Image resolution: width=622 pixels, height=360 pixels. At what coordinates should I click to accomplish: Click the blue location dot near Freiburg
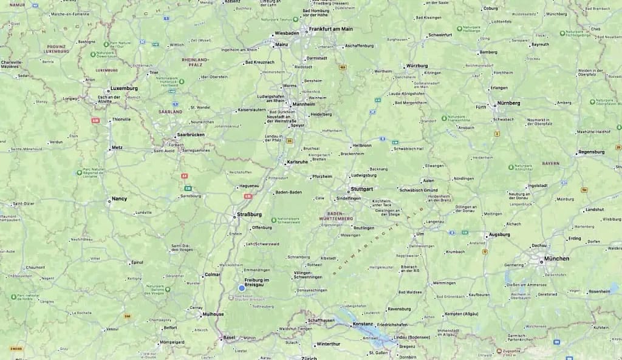[242, 288]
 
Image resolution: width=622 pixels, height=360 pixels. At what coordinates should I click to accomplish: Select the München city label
[557, 259]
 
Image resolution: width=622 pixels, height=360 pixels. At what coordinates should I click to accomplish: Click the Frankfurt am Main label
[330, 29]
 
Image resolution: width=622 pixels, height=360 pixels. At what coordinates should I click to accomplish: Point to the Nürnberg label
[509, 103]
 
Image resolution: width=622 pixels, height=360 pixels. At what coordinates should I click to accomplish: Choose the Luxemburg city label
[124, 88]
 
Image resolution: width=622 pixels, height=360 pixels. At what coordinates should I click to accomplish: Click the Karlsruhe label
[297, 162]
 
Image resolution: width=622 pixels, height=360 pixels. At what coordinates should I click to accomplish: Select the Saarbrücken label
[190, 134]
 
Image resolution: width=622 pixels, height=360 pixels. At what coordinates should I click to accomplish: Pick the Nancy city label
[119, 199]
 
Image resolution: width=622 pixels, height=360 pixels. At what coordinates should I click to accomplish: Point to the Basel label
[229, 338]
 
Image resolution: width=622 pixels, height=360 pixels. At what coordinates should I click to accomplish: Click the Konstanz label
[363, 324]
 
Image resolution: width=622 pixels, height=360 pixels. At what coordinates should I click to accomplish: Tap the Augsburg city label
[499, 234]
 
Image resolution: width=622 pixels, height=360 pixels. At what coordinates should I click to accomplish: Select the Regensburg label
[591, 152]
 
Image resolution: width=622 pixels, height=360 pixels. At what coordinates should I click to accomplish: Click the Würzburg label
[417, 66]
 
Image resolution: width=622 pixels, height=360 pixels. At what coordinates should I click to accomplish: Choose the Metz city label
[117, 148]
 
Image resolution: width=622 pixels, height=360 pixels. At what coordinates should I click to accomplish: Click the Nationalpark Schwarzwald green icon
[273, 220]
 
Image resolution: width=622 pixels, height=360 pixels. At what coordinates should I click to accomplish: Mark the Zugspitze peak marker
[499, 350]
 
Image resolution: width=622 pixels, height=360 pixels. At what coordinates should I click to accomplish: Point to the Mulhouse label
[213, 314]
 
